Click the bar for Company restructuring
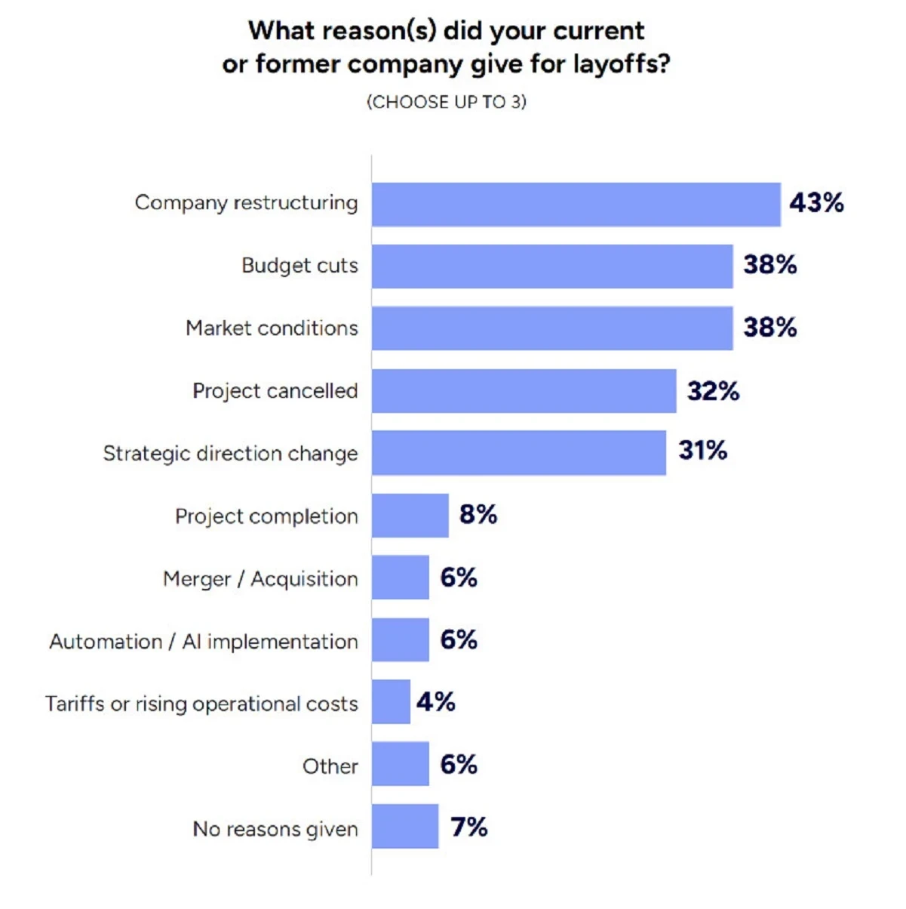click(x=576, y=205)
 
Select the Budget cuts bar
click(x=552, y=267)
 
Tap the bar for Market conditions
click(x=552, y=328)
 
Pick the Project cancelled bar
click(x=524, y=391)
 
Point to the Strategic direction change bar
click(x=519, y=453)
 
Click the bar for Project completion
click(x=410, y=516)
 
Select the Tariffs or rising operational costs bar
click(x=391, y=702)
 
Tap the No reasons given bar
click(x=405, y=826)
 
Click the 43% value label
click(x=816, y=203)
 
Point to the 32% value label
click(x=713, y=391)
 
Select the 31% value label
click(x=702, y=451)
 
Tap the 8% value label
click(x=478, y=515)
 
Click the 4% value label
click(x=436, y=702)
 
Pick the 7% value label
click(x=468, y=827)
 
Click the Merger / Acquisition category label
click(x=260, y=579)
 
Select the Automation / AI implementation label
click(x=204, y=642)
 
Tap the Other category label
click(x=330, y=766)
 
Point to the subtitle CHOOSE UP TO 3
click(x=447, y=102)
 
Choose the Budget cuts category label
click(x=299, y=266)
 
